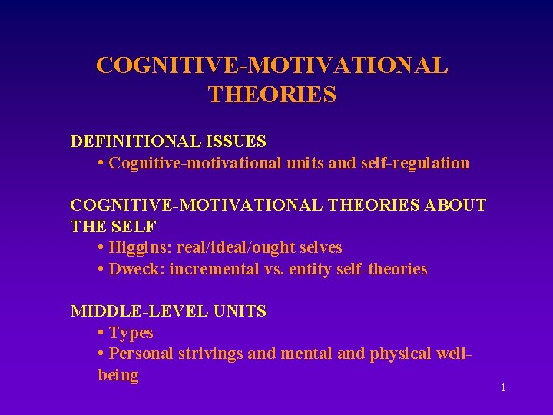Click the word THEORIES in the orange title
[272, 94]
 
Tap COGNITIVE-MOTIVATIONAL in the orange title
[272, 65]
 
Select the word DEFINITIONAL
[134, 141]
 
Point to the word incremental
[215, 269]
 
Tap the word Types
[131, 333]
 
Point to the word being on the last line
[118, 376]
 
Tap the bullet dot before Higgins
[101, 248]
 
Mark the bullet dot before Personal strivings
[101, 354]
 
